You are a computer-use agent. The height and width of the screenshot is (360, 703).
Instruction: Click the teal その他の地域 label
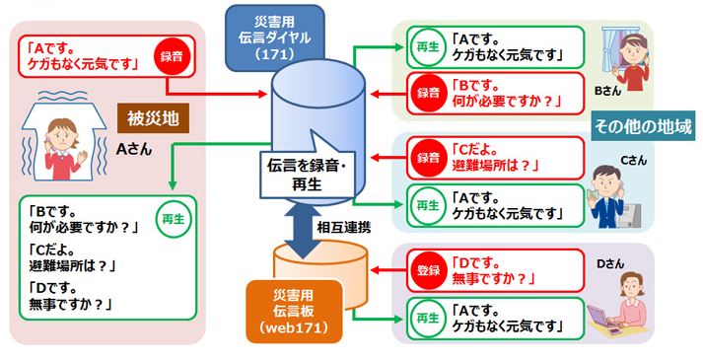pyautogui.click(x=642, y=126)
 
